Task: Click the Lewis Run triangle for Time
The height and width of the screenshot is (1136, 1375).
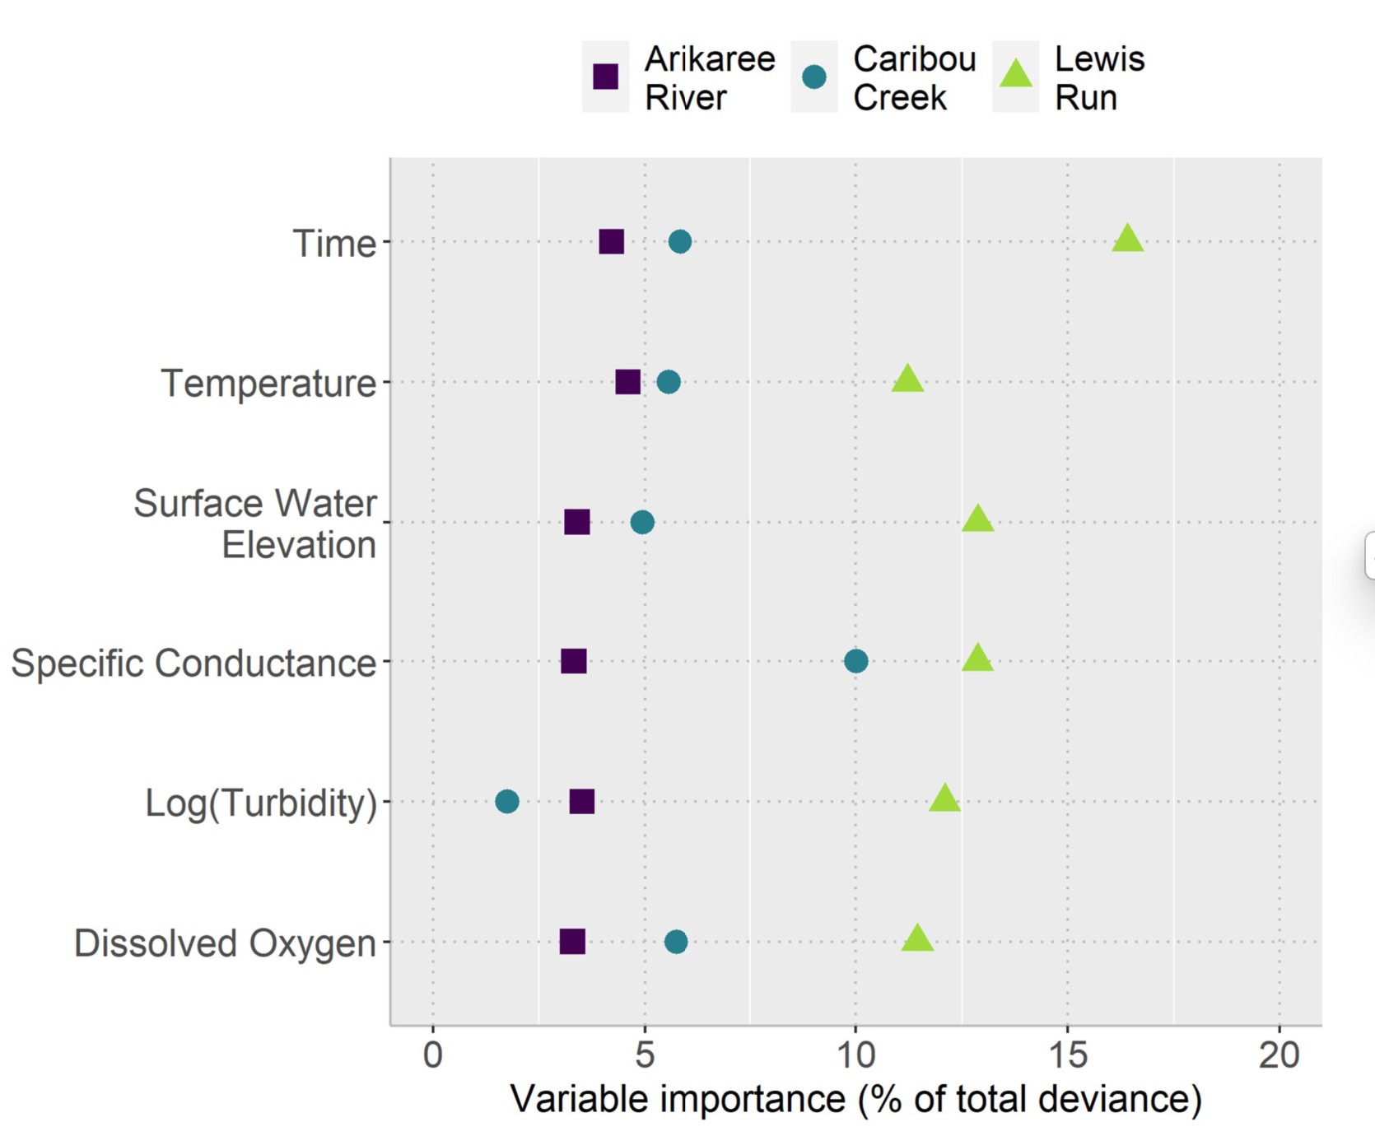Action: point(1127,239)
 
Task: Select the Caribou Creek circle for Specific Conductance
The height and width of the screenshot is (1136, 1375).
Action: point(855,661)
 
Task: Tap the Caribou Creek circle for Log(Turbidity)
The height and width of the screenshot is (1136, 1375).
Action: point(507,801)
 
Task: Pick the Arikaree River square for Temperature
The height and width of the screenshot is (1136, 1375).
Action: point(627,382)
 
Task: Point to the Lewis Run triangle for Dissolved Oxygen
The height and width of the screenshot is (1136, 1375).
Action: point(917,938)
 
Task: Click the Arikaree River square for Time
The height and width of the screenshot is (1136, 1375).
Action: point(611,242)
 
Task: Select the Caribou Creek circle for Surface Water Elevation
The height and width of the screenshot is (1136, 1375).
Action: point(642,522)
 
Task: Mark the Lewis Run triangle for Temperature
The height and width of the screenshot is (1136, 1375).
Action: point(907,379)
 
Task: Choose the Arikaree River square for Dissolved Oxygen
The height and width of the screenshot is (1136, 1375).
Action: point(572,941)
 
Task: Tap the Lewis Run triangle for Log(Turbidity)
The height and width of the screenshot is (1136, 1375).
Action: point(944,798)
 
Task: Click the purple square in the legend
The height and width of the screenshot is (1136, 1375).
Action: point(606,77)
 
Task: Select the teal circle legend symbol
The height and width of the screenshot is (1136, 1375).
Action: point(814,77)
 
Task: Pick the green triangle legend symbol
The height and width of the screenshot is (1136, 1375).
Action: point(1016,75)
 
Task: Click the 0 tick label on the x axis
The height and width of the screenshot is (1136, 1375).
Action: point(433,1055)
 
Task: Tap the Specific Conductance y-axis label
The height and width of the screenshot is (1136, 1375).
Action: point(193,663)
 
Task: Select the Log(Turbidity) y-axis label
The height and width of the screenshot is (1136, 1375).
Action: point(261,803)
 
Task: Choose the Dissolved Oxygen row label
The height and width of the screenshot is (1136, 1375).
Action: point(225,943)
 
